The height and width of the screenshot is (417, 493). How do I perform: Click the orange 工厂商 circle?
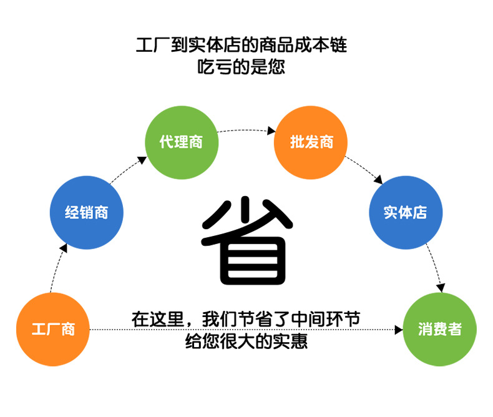point(53,329)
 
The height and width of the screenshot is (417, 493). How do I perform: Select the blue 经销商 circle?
point(87,212)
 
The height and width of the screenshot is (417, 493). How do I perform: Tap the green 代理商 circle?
point(182,142)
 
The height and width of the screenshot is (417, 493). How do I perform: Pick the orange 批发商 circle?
point(311,142)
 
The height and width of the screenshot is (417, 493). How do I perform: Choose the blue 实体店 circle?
point(406,212)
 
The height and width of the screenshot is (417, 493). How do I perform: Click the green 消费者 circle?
point(440,329)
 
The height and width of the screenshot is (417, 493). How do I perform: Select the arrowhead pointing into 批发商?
point(271,131)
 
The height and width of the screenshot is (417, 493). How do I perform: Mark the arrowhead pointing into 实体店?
point(378,180)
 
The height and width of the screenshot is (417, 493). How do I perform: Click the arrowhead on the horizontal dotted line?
point(399,329)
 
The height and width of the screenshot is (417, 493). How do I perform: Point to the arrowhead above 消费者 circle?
point(441,288)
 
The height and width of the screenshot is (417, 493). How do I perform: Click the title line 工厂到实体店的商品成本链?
point(242,45)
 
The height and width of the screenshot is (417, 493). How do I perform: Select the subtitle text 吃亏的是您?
point(242,66)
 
